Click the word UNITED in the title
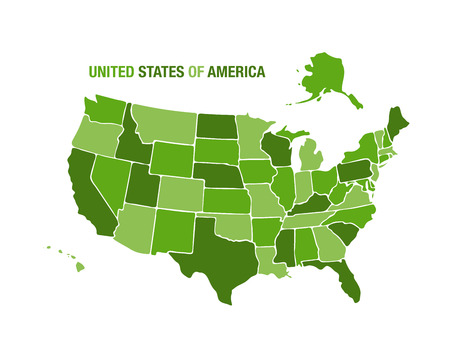click(110, 72)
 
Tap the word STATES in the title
click(159, 72)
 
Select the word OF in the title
click(194, 72)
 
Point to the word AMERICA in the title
click(235, 72)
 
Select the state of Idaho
click(132, 145)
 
